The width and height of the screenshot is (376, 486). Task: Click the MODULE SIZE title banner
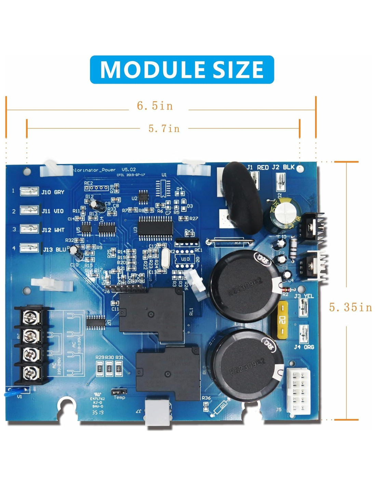pos(182,69)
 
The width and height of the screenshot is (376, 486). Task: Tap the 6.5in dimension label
pos(155,106)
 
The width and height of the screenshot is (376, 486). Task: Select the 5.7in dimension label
pos(164,129)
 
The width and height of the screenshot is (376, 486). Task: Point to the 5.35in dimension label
pos(350,307)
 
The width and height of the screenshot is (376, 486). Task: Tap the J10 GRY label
pos(53,192)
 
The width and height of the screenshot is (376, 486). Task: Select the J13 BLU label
pos(54,249)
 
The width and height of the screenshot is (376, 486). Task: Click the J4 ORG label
pos(304,347)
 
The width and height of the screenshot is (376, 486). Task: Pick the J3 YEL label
pos(304,296)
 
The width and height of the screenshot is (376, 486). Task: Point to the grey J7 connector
pos(158,413)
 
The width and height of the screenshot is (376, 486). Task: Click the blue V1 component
pos(16,392)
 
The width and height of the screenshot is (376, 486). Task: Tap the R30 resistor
pos(109,369)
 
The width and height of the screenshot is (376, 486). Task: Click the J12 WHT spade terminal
pos(29,229)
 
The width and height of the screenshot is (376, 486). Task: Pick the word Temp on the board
pos(119,397)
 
